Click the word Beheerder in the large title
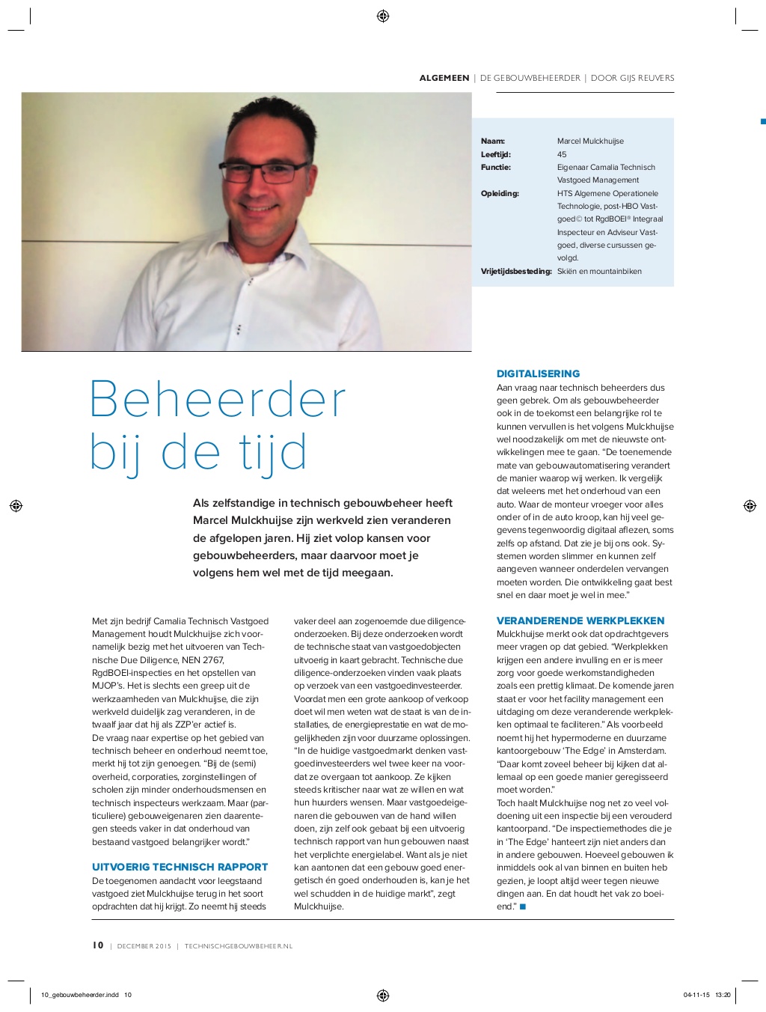tap(218, 400)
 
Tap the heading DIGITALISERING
tap(538, 374)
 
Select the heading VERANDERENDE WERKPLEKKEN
tap(580, 621)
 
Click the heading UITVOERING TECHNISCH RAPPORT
tap(180, 867)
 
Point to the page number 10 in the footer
tap(98, 945)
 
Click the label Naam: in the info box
tap(493, 141)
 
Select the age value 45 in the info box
tap(562, 154)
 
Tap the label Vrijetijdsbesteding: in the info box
tap(516, 271)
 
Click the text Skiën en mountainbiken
tap(599, 271)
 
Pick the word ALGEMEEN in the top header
tap(444, 78)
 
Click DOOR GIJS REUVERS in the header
tap(632, 78)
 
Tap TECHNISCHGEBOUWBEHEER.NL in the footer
tap(239, 946)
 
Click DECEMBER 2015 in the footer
tap(144, 946)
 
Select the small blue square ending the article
tap(523, 906)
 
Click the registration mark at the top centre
tap(383, 16)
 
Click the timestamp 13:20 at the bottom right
tap(723, 995)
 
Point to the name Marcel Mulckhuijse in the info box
tap(590, 141)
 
